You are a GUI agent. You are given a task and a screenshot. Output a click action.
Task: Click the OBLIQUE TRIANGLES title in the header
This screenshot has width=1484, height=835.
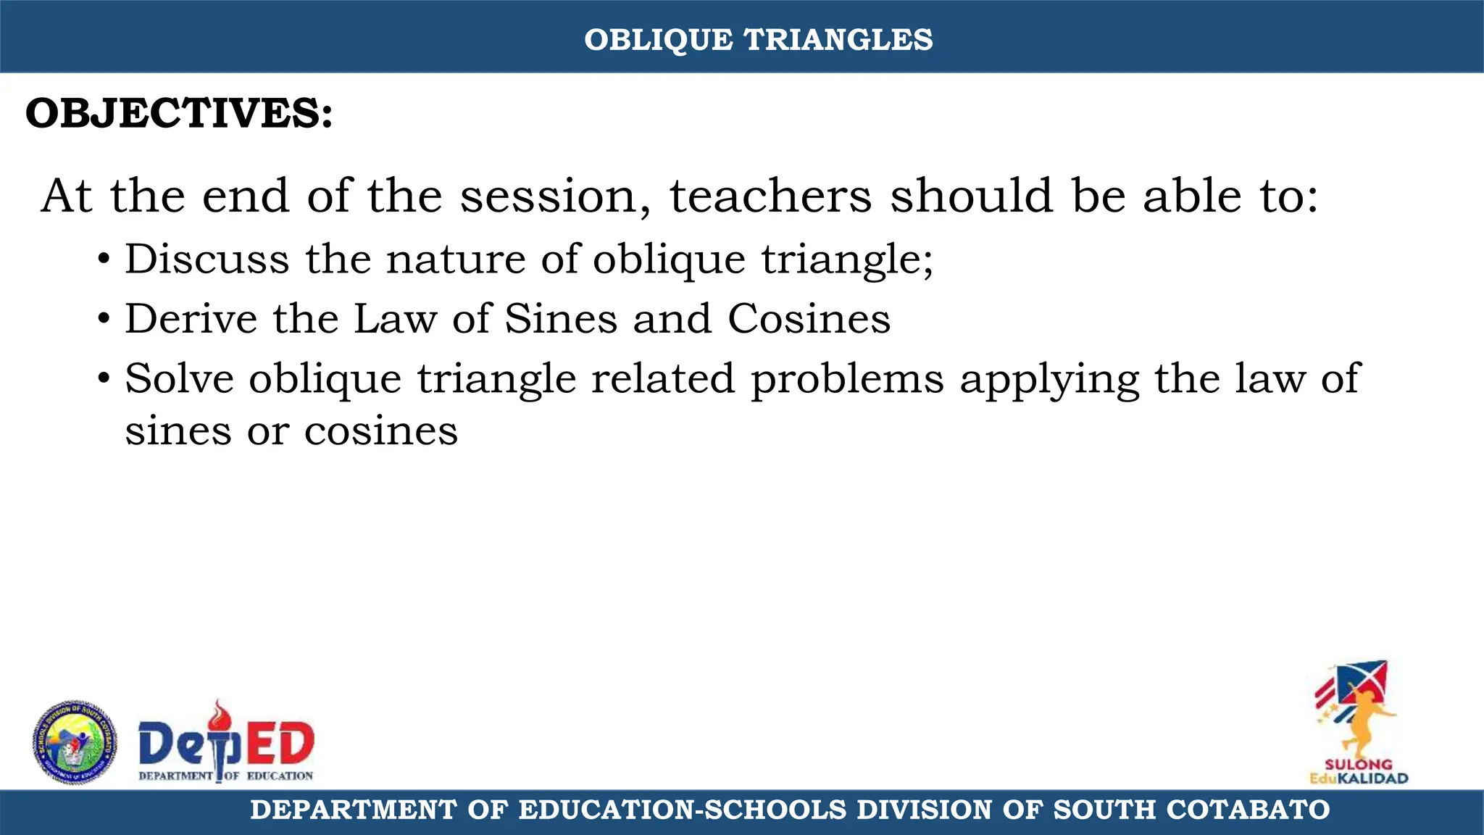click(758, 40)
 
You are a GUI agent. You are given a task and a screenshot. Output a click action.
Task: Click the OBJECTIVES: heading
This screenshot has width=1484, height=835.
click(179, 114)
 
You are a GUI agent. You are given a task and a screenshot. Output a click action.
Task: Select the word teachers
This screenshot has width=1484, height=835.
click(770, 196)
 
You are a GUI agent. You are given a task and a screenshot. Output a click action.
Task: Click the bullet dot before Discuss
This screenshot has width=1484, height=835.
click(104, 260)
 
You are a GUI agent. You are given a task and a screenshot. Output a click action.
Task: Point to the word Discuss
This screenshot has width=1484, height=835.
click(207, 259)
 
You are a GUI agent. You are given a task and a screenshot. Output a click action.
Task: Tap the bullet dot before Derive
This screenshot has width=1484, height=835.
click(104, 320)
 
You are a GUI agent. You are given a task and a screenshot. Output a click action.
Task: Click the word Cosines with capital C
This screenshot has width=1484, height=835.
click(809, 319)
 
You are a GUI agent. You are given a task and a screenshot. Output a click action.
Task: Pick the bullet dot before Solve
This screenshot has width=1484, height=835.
click(104, 379)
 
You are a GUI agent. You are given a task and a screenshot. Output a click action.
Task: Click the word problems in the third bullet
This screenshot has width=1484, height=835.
click(847, 379)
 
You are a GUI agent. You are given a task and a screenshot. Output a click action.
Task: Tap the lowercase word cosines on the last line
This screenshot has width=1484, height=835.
click(380, 432)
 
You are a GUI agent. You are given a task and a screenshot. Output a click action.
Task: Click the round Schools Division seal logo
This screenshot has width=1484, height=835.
click(74, 742)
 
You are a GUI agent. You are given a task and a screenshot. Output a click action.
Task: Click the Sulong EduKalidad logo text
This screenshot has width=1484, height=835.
click(1358, 771)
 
